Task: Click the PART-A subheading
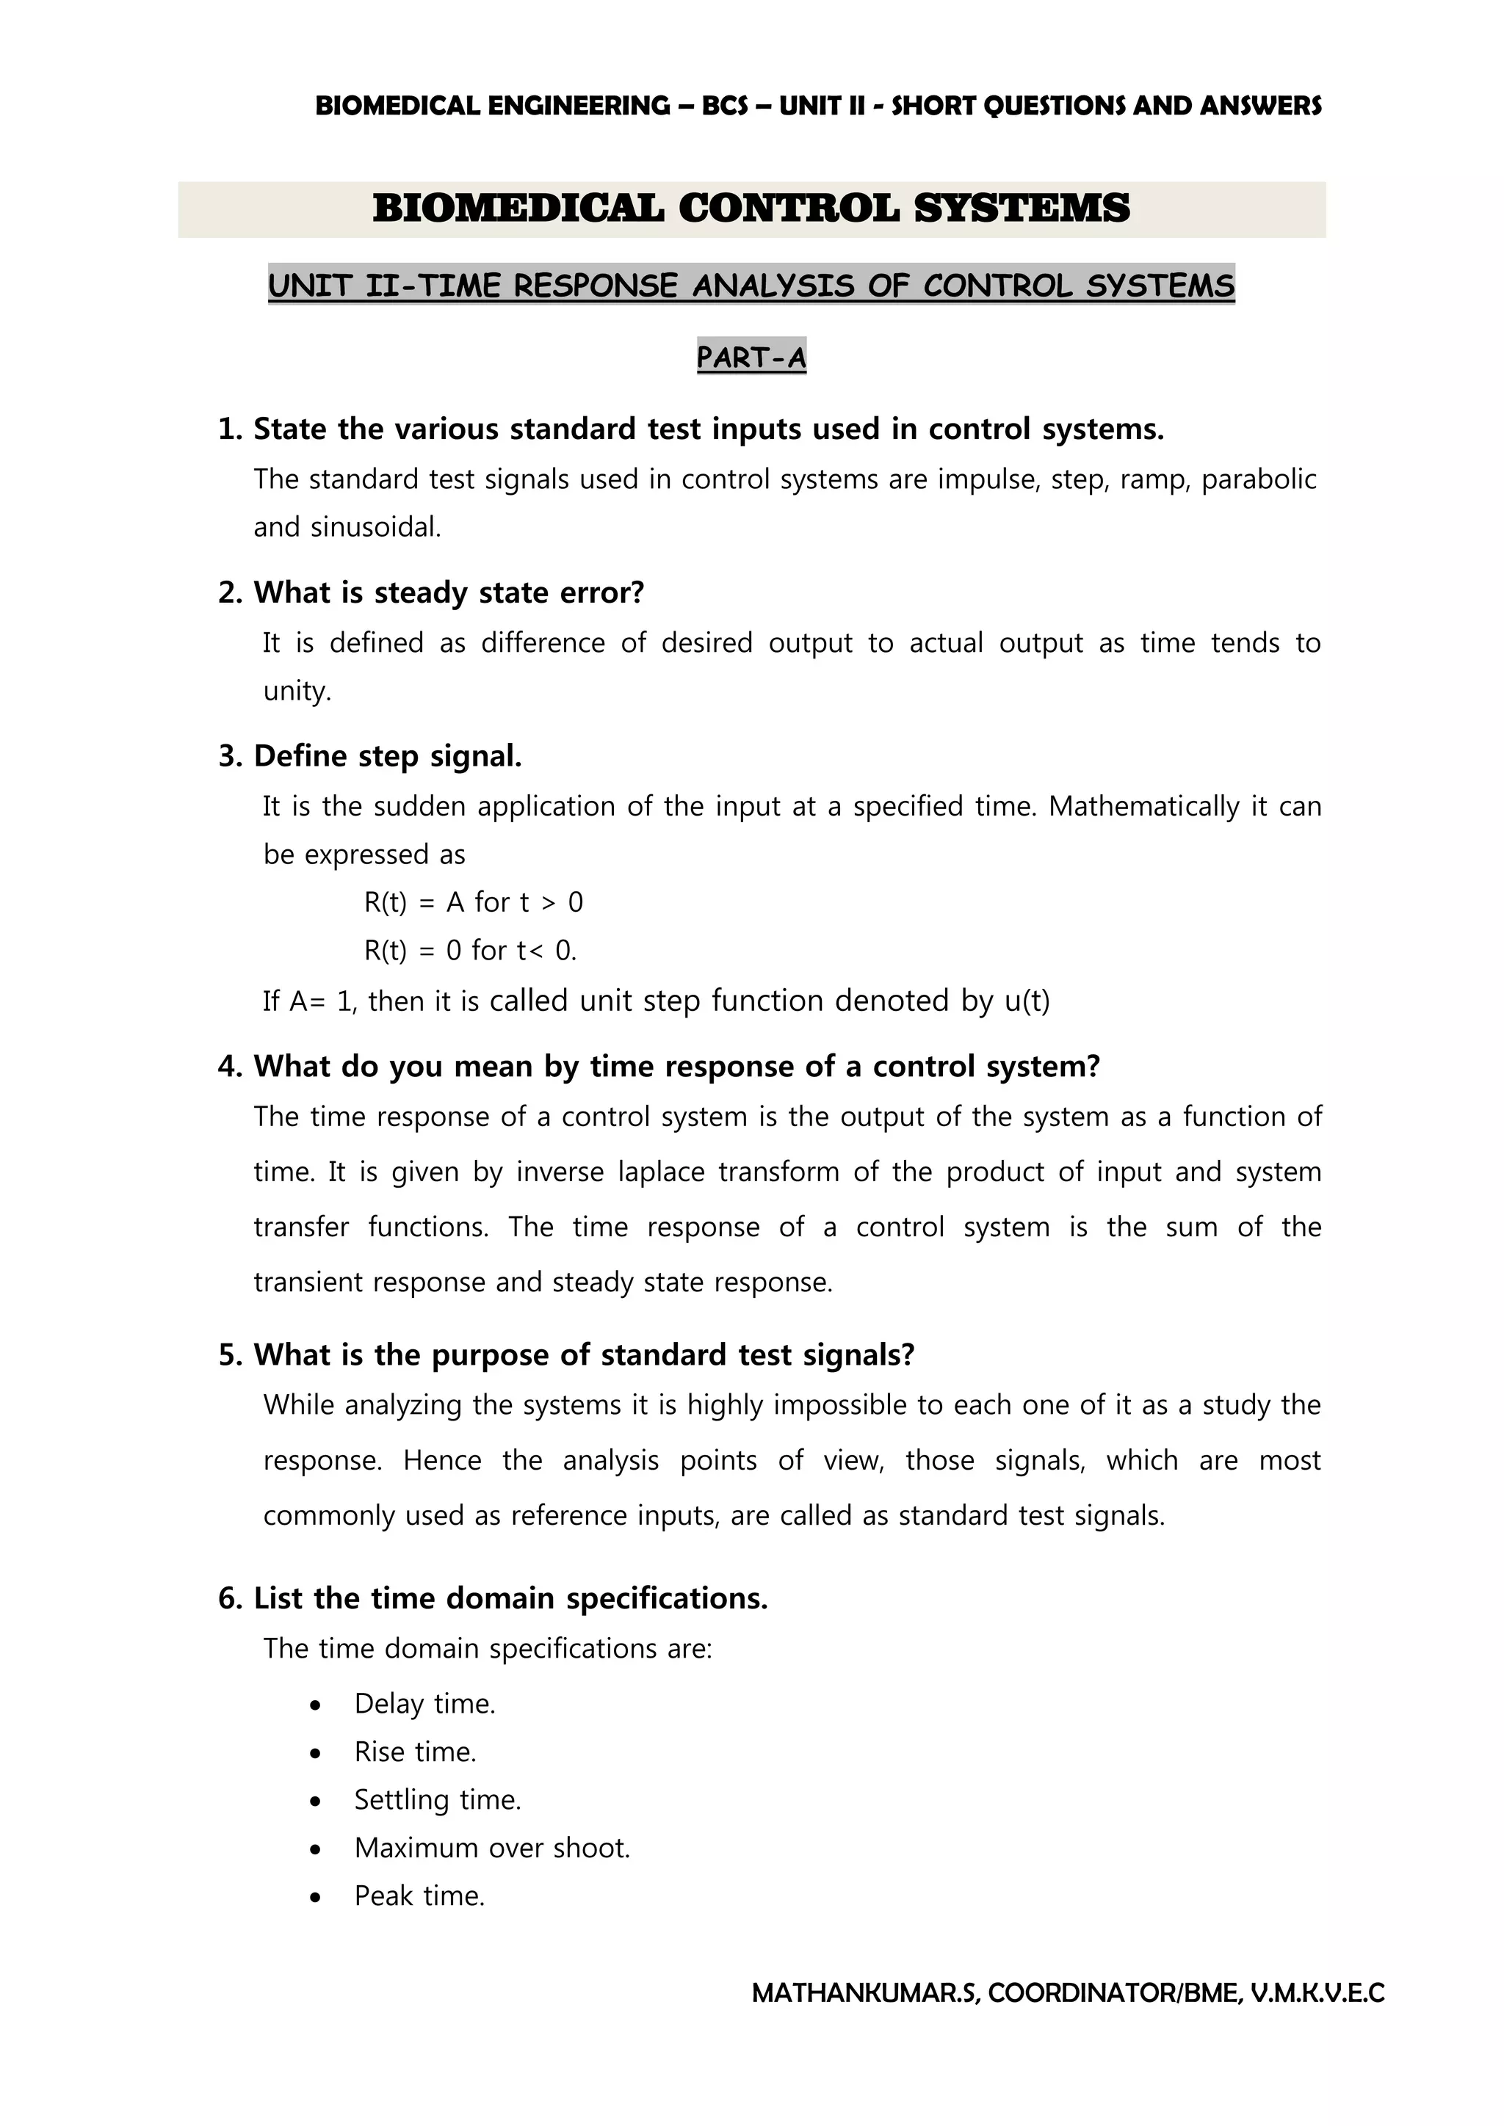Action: pyautogui.click(x=751, y=357)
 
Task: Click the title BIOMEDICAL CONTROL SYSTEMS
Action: pyautogui.click(x=751, y=208)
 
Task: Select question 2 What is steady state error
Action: pyautogui.click(x=430, y=592)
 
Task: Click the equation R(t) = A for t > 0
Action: pyautogui.click(x=473, y=902)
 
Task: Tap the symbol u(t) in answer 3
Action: pyautogui.click(x=1027, y=1001)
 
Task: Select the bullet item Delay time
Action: pyautogui.click(x=424, y=1704)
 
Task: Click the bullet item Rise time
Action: pyautogui.click(x=415, y=1752)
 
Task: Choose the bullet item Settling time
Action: pyautogui.click(x=437, y=1800)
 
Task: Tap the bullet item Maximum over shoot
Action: pyautogui.click(x=492, y=1849)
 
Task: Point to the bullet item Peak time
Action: pyautogui.click(x=419, y=1896)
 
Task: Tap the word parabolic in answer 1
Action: pyautogui.click(x=1258, y=479)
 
